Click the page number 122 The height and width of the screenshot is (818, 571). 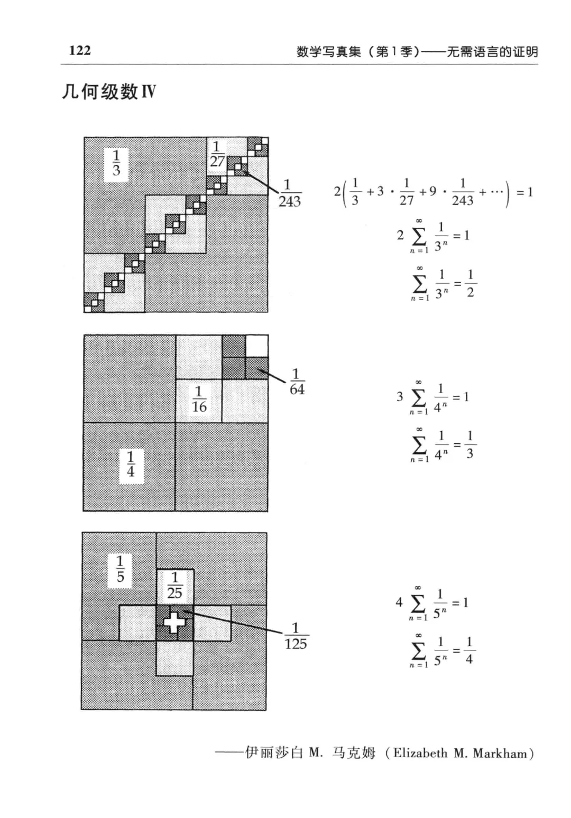coord(80,51)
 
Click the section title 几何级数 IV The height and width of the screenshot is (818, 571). coord(108,92)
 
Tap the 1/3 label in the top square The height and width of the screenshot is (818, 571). coord(116,163)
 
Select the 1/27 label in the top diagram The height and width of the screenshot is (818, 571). coord(217,154)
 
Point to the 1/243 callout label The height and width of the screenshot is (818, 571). coord(289,193)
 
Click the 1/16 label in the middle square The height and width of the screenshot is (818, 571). coord(199,399)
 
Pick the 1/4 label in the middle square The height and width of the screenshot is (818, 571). coord(131,464)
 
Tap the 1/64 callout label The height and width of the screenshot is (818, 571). coord(297,382)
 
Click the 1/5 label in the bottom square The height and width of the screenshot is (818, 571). coord(120,569)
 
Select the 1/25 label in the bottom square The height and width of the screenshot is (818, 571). coord(174,585)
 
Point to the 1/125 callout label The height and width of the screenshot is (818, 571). coord(296,636)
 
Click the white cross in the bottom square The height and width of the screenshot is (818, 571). coord(174,622)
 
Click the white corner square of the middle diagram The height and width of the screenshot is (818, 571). coord(257,346)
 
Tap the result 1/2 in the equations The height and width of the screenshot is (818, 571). coord(470,283)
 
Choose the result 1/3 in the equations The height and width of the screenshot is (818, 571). coord(469,445)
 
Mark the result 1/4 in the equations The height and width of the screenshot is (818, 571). coord(469,651)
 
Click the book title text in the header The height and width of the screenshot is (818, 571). coord(417,51)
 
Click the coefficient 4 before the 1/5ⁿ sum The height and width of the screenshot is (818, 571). coord(399,602)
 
